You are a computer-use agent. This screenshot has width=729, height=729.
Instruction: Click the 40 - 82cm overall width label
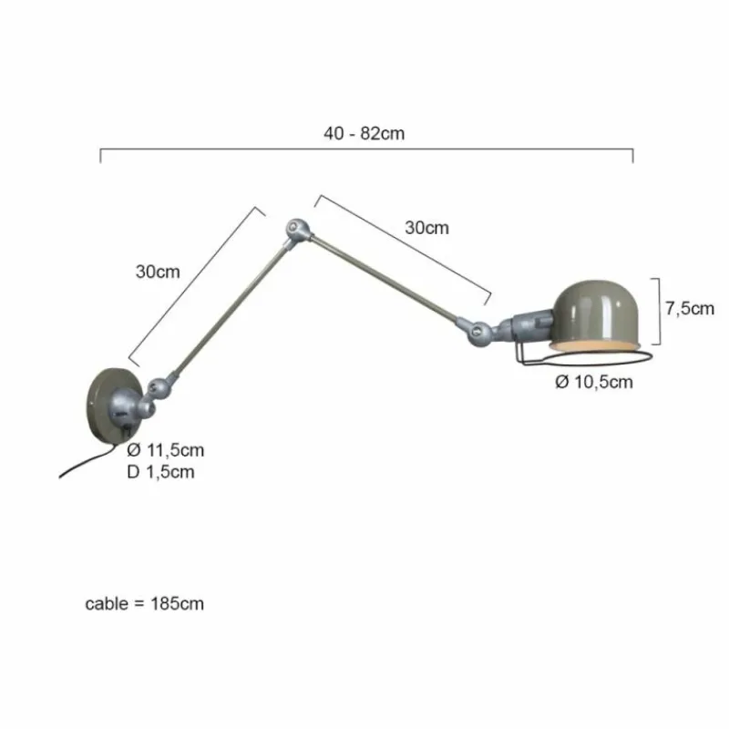[x=364, y=133]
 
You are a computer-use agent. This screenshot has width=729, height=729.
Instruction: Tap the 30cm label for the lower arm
[x=158, y=271]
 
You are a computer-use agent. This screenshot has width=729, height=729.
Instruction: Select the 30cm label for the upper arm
[x=426, y=228]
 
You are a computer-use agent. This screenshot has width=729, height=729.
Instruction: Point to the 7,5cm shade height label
[x=689, y=308]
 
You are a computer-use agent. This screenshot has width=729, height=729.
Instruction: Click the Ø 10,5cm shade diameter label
[x=594, y=382]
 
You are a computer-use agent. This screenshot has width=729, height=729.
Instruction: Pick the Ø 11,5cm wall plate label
[x=166, y=449]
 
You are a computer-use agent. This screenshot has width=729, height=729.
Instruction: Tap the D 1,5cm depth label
[x=160, y=471]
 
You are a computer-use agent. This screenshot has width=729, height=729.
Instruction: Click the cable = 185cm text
[x=145, y=604]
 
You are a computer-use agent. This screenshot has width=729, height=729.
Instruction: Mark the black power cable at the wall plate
[x=87, y=461]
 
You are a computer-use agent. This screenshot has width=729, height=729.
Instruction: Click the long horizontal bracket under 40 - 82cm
[x=364, y=149]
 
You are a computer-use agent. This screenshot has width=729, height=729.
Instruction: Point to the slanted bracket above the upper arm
[x=406, y=246]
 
